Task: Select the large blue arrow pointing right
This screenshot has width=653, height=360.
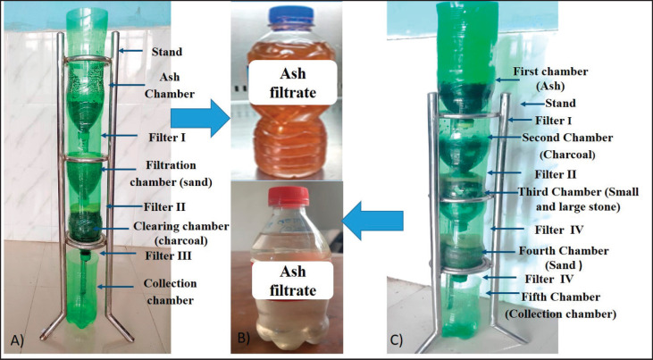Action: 197,121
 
